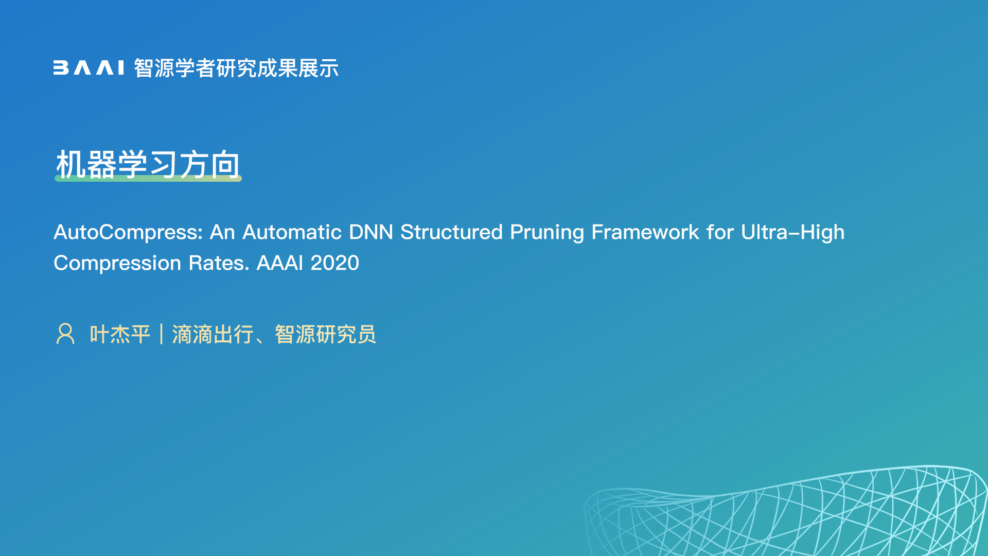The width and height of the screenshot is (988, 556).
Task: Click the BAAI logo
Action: point(89,68)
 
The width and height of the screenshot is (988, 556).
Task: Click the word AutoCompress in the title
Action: point(128,233)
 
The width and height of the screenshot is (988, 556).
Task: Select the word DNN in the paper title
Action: point(371,232)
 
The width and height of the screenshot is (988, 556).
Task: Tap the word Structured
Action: point(451,232)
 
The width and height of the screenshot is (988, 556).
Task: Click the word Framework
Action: point(645,232)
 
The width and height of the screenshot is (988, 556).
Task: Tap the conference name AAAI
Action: point(280,263)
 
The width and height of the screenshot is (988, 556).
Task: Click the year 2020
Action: point(335,263)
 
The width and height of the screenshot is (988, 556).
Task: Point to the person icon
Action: point(65,334)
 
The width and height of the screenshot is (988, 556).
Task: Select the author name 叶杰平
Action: point(120,335)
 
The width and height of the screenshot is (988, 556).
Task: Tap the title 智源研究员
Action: point(326,335)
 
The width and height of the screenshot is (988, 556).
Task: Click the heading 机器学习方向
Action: point(148,165)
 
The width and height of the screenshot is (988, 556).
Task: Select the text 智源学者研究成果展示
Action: point(236,68)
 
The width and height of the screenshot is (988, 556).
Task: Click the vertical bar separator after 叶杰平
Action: point(162,334)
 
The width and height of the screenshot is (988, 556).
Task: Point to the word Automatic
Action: point(292,232)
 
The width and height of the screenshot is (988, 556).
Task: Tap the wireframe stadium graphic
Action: point(786,511)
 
